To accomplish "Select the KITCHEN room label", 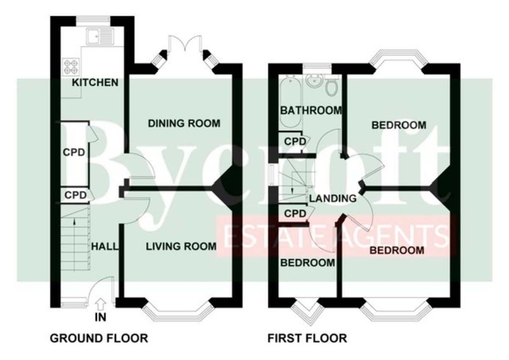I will point(95,82).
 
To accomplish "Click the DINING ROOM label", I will point(184,124).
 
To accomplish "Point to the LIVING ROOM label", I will point(181,246).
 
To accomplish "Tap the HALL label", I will point(104,246).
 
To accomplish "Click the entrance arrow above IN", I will point(101,304).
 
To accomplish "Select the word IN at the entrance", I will point(101,317).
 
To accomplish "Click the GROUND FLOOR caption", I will point(99,338).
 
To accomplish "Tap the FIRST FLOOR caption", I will point(307,338).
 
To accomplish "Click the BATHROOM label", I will point(311,110).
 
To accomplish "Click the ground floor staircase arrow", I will point(75,222).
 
